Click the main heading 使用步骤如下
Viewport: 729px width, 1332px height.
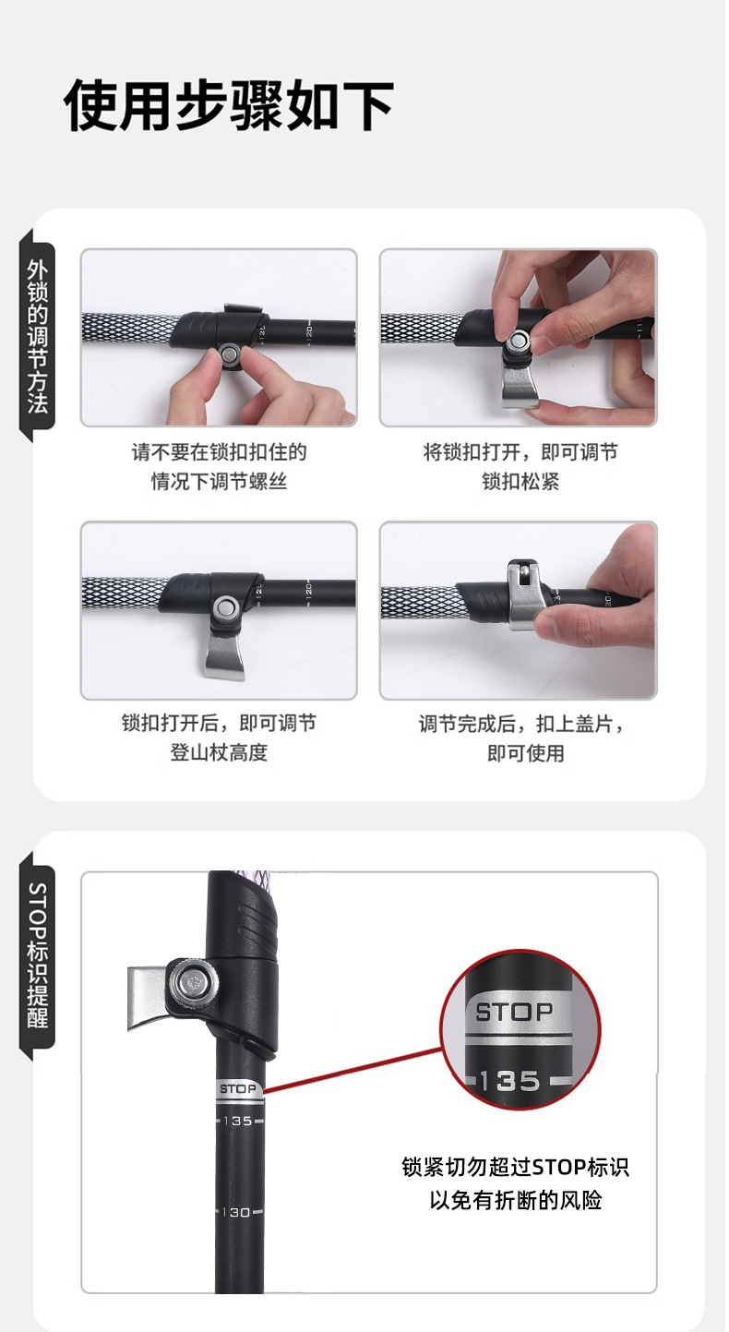pyautogui.click(x=229, y=106)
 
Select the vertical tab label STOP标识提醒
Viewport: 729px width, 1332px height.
pyautogui.click(x=38, y=954)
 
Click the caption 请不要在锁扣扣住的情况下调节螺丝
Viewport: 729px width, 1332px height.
pyautogui.click(x=219, y=466)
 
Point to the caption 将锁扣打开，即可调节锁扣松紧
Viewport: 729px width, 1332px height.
pyautogui.click(x=520, y=466)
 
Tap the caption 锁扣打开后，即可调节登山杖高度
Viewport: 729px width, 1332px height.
pyautogui.click(x=219, y=738)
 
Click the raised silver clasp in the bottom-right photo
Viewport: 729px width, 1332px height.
pyautogui.click(x=523, y=594)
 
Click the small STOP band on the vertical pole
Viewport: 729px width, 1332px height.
pyautogui.click(x=238, y=1090)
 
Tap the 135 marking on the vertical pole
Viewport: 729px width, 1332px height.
pyautogui.click(x=237, y=1121)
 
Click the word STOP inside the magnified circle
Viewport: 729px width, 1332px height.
pyautogui.click(x=514, y=1012)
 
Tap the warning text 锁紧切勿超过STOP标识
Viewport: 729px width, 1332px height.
pyautogui.click(x=515, y=1167)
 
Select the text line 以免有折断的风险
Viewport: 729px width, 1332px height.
pyautogui.click(x=515, y=1201)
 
